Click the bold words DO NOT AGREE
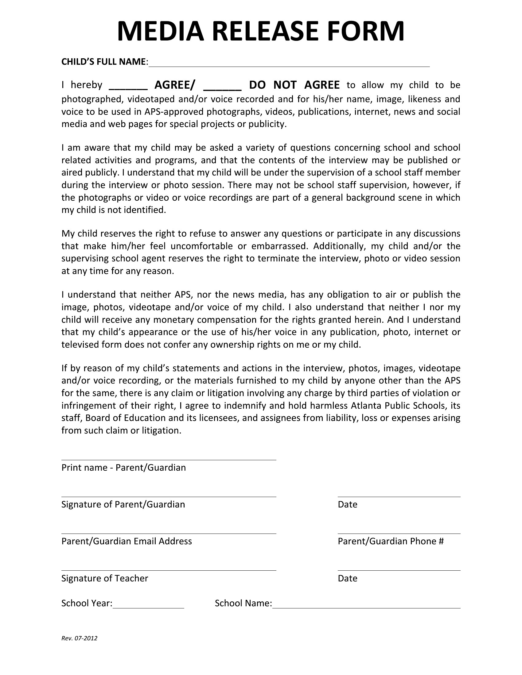(x=294, y=85)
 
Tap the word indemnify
(x=245, y=405)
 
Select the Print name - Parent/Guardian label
(x=124, y=468)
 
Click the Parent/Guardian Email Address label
(x=127, y=541)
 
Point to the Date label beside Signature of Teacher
(x=348, y=578)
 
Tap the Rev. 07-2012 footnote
(x=80, y=638)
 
